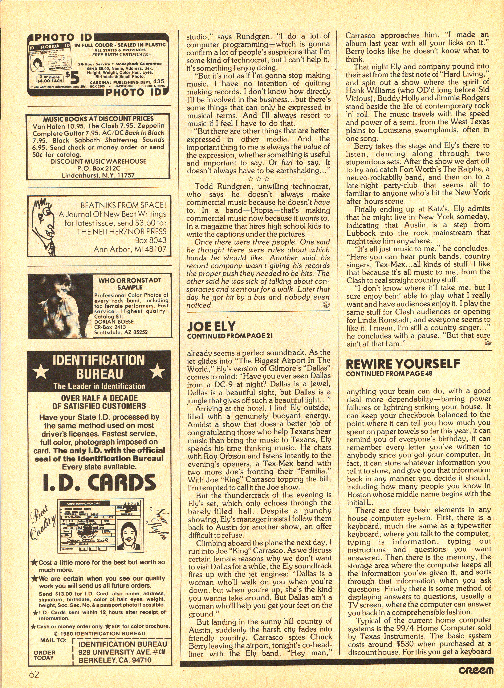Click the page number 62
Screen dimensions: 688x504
tap(34, 673)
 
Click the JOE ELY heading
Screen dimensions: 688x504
tap(211, 327)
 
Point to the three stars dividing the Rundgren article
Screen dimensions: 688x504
tap(258, 178)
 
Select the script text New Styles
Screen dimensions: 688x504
tap(159, 524)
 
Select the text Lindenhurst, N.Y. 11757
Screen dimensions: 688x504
tap(98, 175)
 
